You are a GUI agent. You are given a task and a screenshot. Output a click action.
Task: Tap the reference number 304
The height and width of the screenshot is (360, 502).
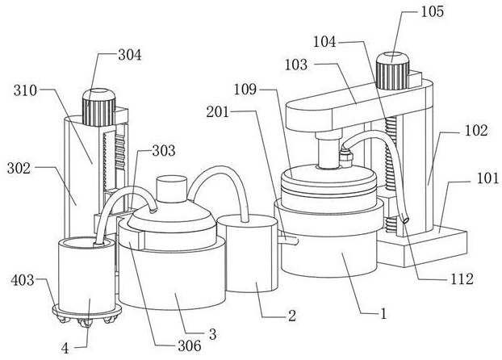(x=130, y=55)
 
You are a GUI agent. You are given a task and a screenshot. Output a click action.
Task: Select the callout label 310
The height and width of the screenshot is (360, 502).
(x=25, y=90)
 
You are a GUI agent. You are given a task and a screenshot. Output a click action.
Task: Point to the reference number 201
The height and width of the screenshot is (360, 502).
(x=218, y=112)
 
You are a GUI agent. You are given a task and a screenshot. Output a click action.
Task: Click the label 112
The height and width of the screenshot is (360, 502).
(x=462, y=279)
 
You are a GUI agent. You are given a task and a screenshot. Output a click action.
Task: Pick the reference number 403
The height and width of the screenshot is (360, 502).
(x=23, y=280)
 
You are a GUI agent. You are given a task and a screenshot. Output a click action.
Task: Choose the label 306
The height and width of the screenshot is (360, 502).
(x=190, y=345)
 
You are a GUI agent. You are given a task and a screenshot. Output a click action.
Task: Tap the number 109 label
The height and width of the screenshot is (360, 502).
(x=245, y=90)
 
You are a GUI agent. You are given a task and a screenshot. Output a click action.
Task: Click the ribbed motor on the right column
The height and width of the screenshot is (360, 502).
(x=393, y=71)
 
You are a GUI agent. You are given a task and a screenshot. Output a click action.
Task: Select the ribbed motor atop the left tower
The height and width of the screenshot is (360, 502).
(x=99, y=107)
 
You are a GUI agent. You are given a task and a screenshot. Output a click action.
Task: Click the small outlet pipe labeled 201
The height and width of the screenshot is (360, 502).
(x=288, y=241)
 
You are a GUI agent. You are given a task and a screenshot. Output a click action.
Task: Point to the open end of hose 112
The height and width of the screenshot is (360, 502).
(x=405, y=220)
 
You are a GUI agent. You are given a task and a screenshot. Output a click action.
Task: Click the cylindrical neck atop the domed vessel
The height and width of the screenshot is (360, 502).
(x=171, y=189)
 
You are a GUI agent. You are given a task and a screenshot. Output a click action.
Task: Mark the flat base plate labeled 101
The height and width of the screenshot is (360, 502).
(x=423, y=247)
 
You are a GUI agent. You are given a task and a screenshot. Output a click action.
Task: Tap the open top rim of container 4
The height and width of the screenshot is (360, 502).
(x=87, y=243)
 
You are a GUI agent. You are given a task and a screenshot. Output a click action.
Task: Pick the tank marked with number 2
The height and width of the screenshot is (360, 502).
(x=247, y=253)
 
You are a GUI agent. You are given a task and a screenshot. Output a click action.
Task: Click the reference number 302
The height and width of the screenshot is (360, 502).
(x=19, y=168)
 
